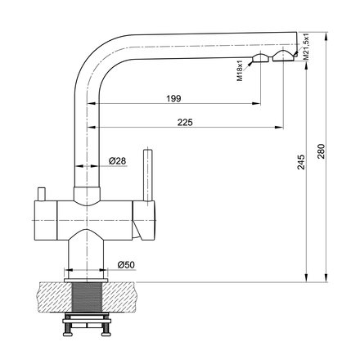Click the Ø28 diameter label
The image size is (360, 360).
[117, 161]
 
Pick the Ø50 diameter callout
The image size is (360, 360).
[126, 264]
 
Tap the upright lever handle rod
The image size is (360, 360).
[150, 176]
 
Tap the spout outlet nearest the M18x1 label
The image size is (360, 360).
[260, 58]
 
